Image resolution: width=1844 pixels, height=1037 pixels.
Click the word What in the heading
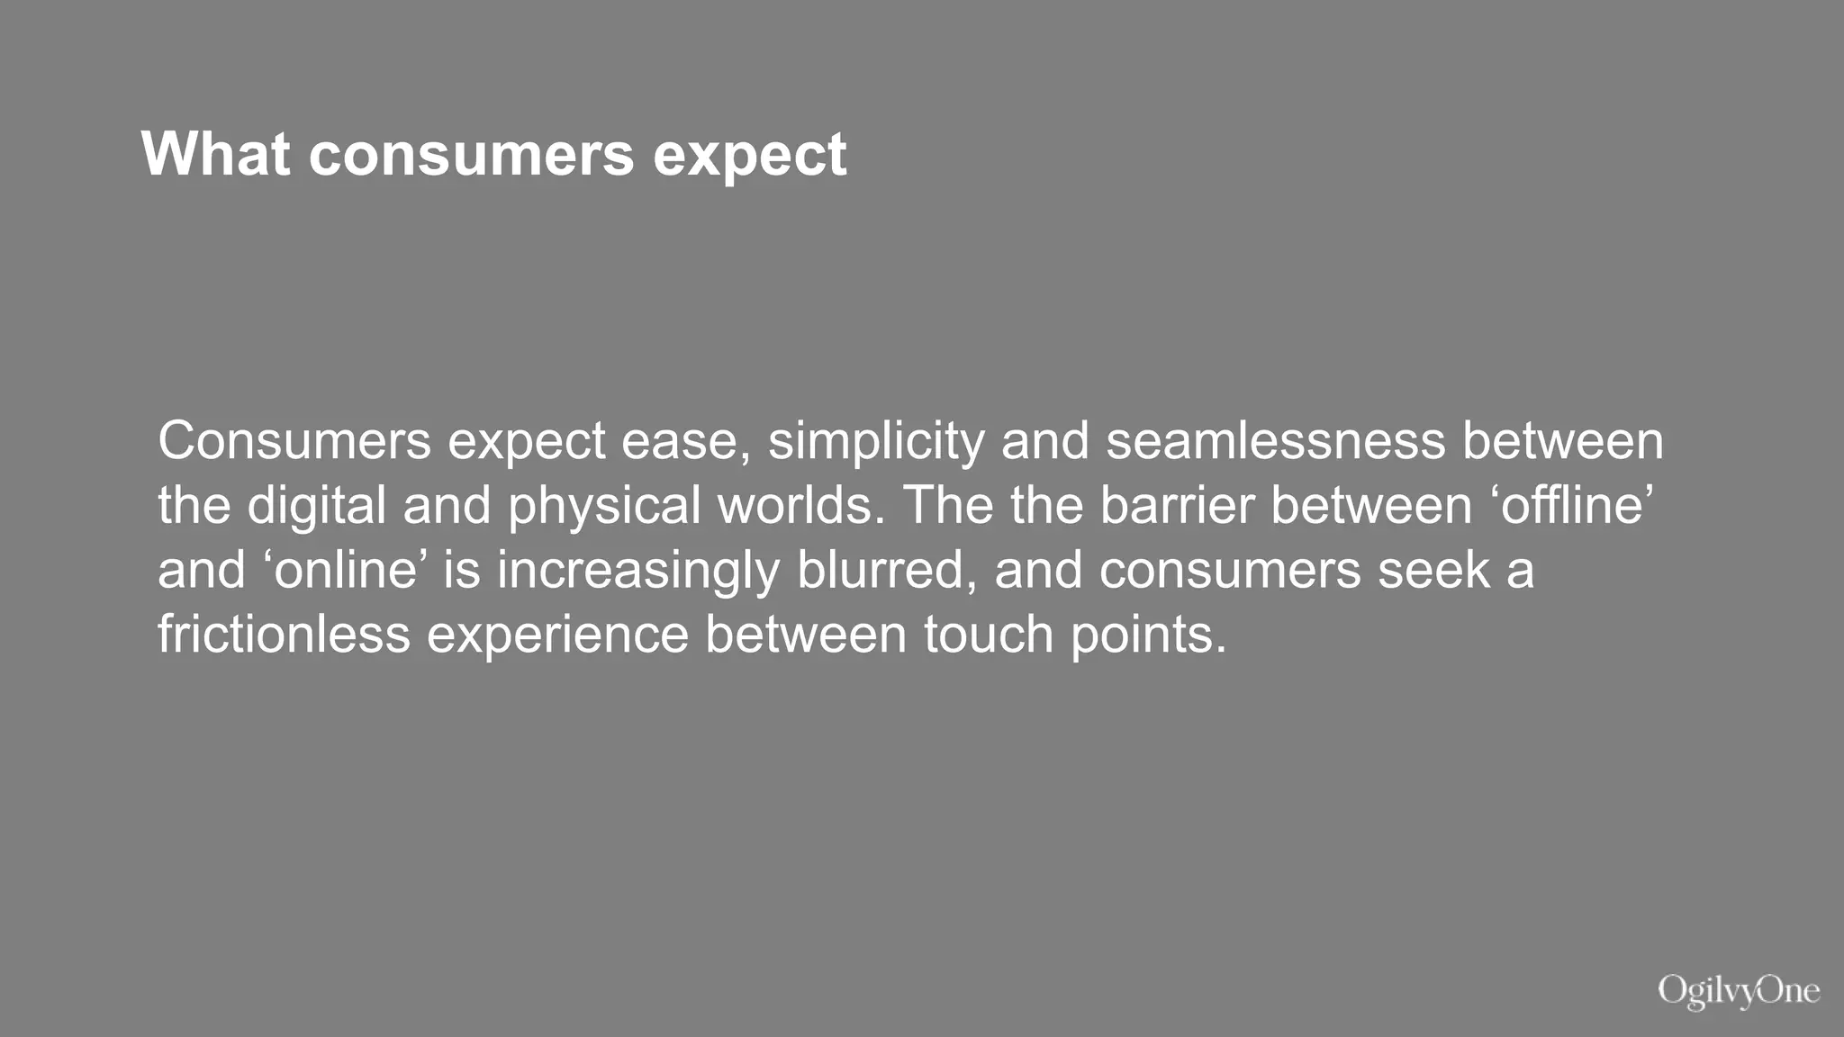[215, 154]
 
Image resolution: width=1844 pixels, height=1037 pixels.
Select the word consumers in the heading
[471, 154]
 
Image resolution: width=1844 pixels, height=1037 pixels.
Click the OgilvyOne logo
[1739, 991]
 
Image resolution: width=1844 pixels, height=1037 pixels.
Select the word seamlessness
[1275, 442]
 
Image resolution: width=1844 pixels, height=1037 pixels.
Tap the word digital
[316, 506]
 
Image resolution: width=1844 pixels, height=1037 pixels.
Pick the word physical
[604, 506]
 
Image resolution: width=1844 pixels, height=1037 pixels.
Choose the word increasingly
[637, 572]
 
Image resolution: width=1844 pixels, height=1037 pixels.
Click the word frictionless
[284, 634]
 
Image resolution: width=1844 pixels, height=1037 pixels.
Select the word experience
[557, 636]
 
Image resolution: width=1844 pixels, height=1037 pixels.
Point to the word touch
[989, 634]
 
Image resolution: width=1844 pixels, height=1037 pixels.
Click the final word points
[1149, 636]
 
